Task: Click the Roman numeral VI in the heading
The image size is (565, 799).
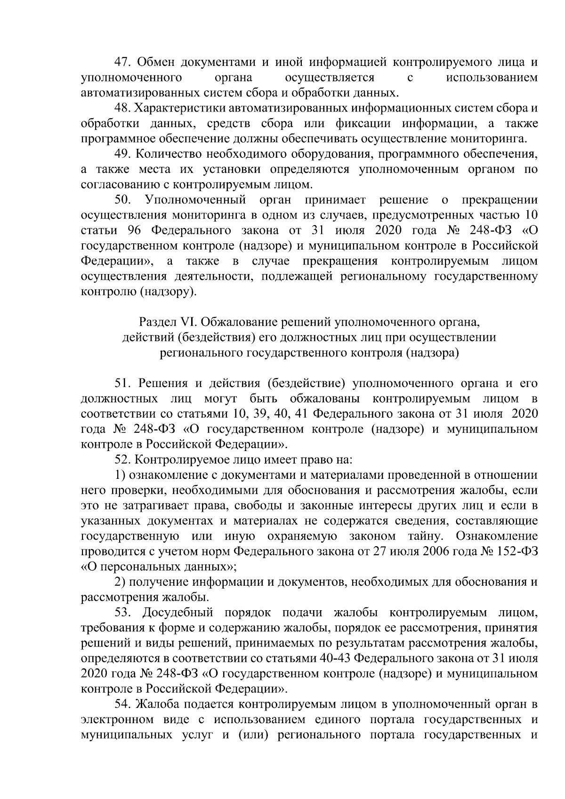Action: pyautogui.click(x=182, y=323)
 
